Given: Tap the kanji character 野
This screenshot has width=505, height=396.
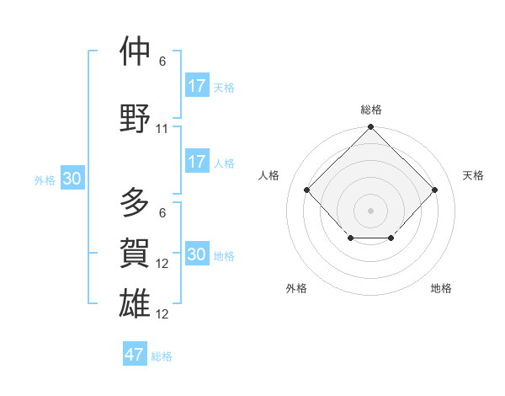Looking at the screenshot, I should pos(136,118).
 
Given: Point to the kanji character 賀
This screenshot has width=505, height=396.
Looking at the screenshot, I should pos(136,253).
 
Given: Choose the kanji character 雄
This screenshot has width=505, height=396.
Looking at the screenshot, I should pos(136,302).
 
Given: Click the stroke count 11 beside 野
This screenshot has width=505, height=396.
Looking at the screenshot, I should pos(162,129).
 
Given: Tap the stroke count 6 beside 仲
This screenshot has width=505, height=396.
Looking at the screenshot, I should pos(162,62).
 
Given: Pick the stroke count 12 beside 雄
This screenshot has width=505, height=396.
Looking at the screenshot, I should pos(162,314).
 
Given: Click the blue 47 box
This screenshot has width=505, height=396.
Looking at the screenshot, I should pos(135,355).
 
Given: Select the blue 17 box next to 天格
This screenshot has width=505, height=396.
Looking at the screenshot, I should pos(197,85).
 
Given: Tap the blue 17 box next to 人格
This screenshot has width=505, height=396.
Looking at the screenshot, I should pos(197,161).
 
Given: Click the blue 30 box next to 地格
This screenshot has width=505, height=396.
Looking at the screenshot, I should pos(197,254).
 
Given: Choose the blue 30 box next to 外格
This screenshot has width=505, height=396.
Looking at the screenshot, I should pos(72,179).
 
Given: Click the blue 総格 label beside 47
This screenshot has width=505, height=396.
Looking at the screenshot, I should pos(162,356).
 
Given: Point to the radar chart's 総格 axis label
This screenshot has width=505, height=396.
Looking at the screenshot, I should pos(370,110).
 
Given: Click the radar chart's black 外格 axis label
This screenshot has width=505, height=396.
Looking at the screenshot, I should pos(296,288).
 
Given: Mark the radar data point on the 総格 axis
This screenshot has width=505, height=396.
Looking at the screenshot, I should pos(370,127).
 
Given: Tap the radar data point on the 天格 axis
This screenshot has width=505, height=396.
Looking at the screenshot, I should pos(434,190).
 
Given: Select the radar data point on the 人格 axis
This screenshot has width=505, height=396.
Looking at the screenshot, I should pos(306,190).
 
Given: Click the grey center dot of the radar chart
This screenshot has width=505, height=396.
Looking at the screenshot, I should pos(370,210).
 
